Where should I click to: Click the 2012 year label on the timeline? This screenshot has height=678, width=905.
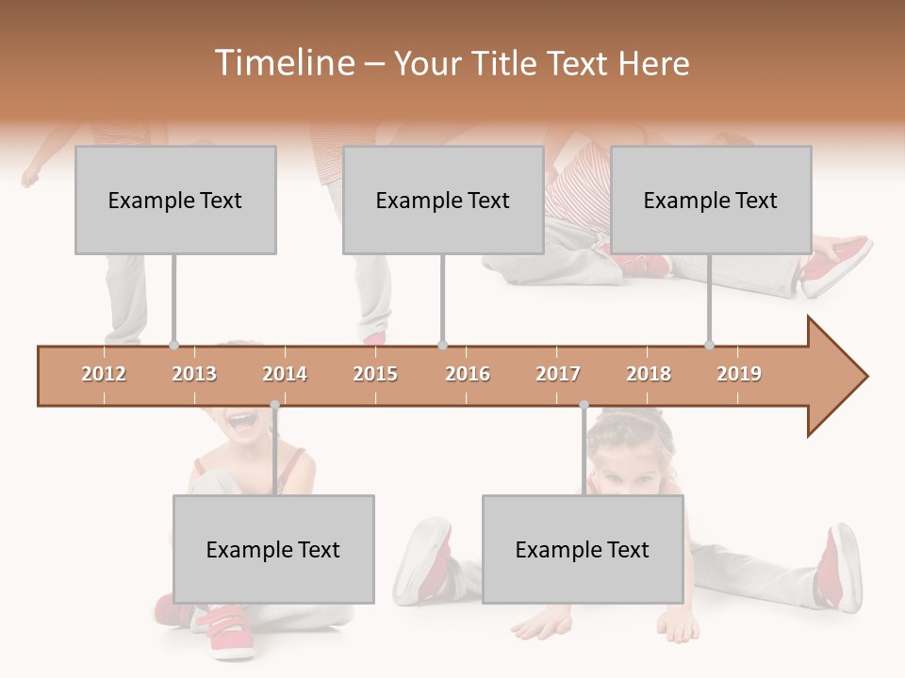104,374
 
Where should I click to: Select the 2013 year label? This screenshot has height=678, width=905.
194,374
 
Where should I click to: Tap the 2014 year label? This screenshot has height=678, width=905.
285,374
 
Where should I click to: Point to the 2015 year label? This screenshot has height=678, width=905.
375,374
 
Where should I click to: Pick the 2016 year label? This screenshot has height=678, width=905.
468,374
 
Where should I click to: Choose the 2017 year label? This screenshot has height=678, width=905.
558,374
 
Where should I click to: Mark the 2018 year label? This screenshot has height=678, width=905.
649,374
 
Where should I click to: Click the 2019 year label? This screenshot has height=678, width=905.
739,374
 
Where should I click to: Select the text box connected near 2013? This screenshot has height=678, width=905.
175,201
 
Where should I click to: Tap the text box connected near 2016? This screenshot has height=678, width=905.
443,201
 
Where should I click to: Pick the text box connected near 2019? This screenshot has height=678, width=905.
711,201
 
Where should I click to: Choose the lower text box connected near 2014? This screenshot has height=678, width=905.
273,550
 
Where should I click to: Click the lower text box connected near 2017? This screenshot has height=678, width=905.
583,550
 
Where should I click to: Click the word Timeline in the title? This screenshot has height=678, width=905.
283,63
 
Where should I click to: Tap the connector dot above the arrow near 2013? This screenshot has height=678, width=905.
173,346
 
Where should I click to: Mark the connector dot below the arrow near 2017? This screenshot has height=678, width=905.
584,405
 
